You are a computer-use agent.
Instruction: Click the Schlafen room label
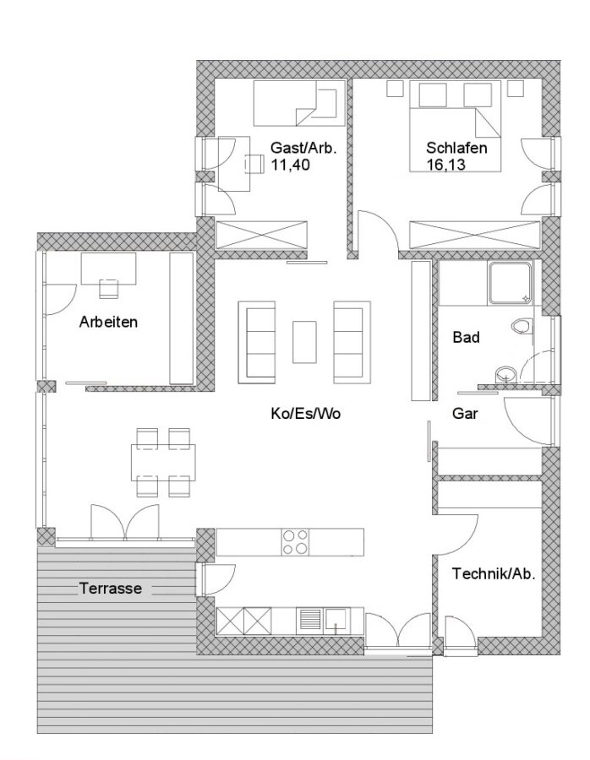pyautogui.click(x=456, y=147)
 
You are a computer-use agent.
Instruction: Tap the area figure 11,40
pyautogui.click(x=290, y=165)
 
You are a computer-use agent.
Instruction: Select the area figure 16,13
pyautogui.click(x=446, y=165)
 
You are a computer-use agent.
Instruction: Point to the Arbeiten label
pyautogui.click(x=108, y=322)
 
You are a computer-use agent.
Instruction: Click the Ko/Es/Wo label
pyautogui.click(x=306, y=414)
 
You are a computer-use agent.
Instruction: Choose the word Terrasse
pyautogui.click(x=111, y=589)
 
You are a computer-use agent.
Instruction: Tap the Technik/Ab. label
pyautogui.click(x=494, y=574)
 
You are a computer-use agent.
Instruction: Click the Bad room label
pyautogui.click(x=467, y=337)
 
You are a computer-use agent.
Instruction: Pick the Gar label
pyautogui.click(x=465, y=414)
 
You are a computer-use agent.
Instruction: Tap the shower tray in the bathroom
pyautogui.click(x=509, y=284)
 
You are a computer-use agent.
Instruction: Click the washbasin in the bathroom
pyautogui.click(x=505, y=374)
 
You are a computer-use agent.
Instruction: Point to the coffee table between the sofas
pyautogui.click(x=304, y=342)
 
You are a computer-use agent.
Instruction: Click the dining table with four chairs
pyautogui.click(x=163, y=463)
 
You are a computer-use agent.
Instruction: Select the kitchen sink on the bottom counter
pyautogui.click(x=336, y=620)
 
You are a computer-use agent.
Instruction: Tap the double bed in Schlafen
pyautogui.click(x=455, y=126)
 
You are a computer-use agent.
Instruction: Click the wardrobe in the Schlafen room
pyautogui.click(x=474, y=235)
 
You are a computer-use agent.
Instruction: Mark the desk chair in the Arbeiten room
pyautogui.click(x=109, y=289)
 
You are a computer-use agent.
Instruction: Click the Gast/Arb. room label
pyautogui.click(x=303, y=147)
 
